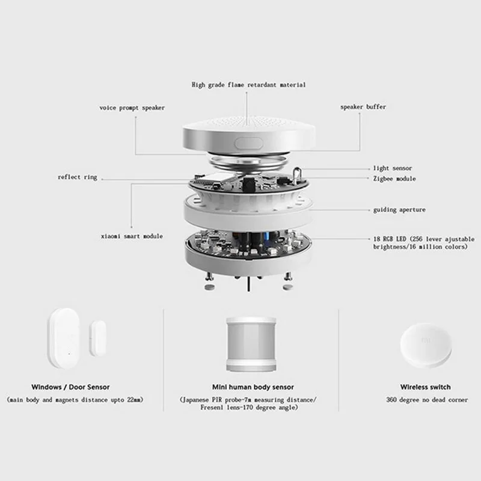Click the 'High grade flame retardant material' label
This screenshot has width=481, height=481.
tap(248, 85)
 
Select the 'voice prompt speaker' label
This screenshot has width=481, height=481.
tap(132, 108)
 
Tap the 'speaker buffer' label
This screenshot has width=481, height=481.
tap(363, 107)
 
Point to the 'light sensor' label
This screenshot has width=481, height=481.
tap(391, 168)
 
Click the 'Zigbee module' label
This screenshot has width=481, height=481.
tap(394, 179)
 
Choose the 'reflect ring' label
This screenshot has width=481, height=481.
tap(77, 177)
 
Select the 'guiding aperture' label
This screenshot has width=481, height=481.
tap(399, 210)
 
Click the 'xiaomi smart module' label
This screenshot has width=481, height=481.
tap(132, 236)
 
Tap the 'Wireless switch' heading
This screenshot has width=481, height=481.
tap(425, 387)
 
